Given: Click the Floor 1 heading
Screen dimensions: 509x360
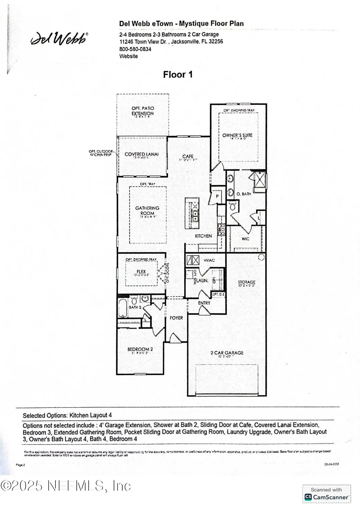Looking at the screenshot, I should [178, 75].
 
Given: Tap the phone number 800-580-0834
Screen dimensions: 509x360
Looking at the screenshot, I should [135, 49].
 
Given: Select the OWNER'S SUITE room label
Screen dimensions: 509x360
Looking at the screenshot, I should [237, 135].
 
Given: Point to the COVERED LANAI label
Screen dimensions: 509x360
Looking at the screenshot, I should [142, 154].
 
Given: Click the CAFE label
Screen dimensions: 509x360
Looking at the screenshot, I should [188, 156].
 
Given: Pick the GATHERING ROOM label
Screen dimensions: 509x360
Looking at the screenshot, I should [147, 210].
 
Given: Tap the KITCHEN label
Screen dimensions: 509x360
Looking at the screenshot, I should [203, 236].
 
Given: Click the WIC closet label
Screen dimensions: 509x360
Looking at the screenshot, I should [246, 239].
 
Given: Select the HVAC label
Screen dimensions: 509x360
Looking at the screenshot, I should [209, 260].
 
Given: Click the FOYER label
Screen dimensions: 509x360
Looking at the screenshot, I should [176, 318].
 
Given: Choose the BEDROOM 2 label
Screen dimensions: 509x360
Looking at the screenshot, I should [140, 349].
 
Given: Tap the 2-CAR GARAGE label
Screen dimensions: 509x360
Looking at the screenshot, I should [227, 353].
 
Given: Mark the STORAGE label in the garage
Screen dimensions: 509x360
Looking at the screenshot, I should [247, 282].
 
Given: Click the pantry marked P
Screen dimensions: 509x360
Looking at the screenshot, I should [217, 196].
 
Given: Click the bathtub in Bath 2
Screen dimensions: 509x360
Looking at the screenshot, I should [123, 308].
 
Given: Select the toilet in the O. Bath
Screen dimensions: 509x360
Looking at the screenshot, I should [233, 206].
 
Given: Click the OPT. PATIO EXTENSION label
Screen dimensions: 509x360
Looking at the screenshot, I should [143, 111].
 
